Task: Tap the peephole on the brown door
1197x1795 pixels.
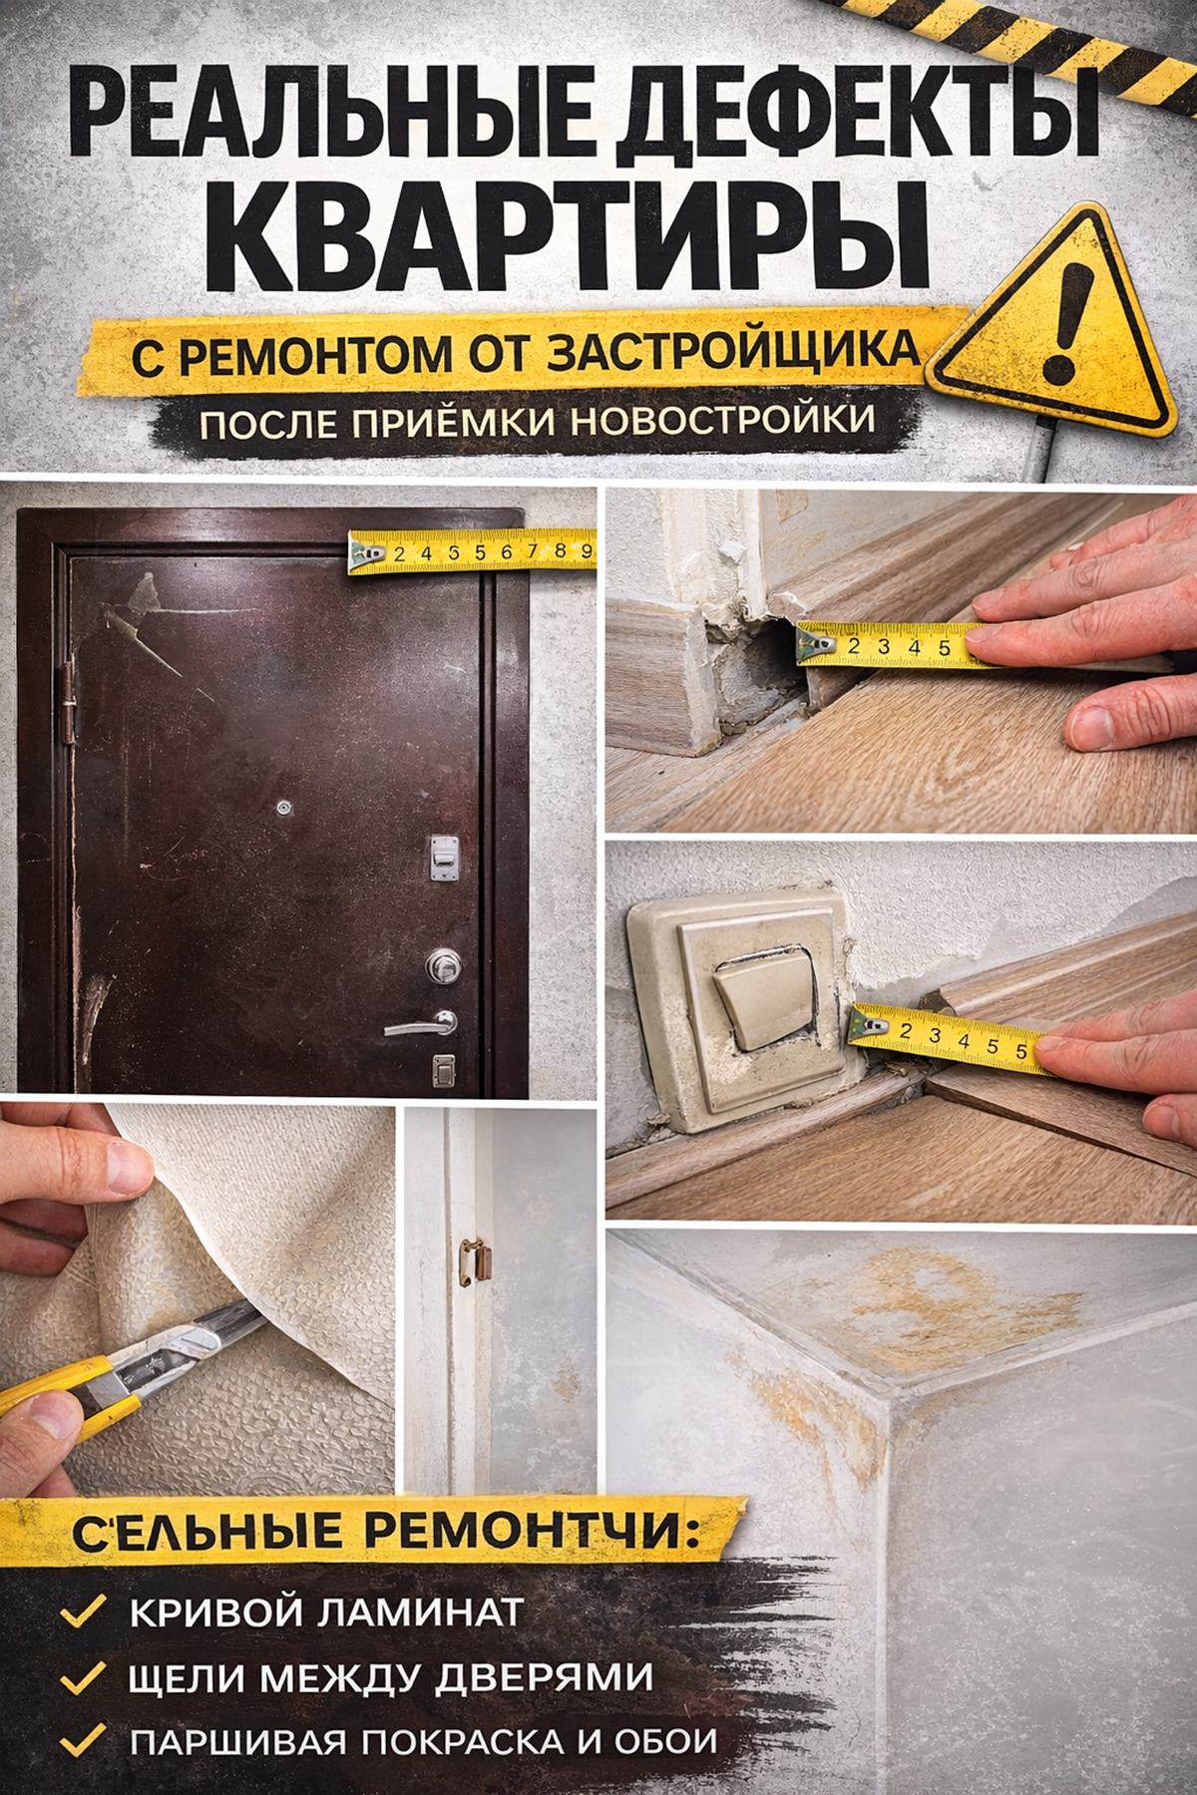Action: click(x=287, y=807)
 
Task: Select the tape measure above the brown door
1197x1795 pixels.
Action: click(x=472, y=551)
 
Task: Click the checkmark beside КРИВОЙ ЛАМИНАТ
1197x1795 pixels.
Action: click(x=84, y=1610)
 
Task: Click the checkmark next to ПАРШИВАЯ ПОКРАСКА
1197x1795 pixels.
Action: click(x=84, y=1740)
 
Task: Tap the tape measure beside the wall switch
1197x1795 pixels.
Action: click(x=953, y=1041)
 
